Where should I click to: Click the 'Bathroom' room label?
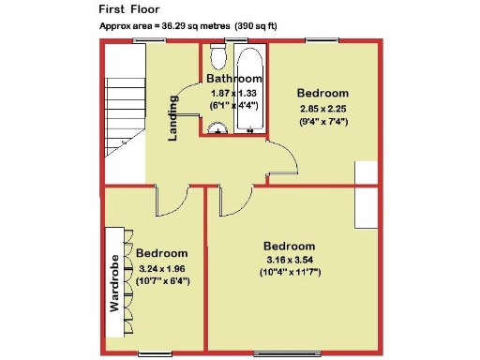coord(233,79)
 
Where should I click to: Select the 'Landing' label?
coord(173,118)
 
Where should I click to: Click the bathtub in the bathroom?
coord(248,94)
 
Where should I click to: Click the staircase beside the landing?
coord(122,112)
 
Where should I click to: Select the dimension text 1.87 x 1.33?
coord(233,94)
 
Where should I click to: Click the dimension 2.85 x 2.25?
coord(322,108)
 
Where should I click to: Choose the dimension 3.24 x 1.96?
coord(162,268)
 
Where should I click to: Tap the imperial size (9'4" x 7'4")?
coord(322,121)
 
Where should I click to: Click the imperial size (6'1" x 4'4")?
coord(233,107)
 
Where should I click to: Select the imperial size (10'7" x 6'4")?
coord(162,280)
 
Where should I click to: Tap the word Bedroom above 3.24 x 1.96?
coord(162,253)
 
